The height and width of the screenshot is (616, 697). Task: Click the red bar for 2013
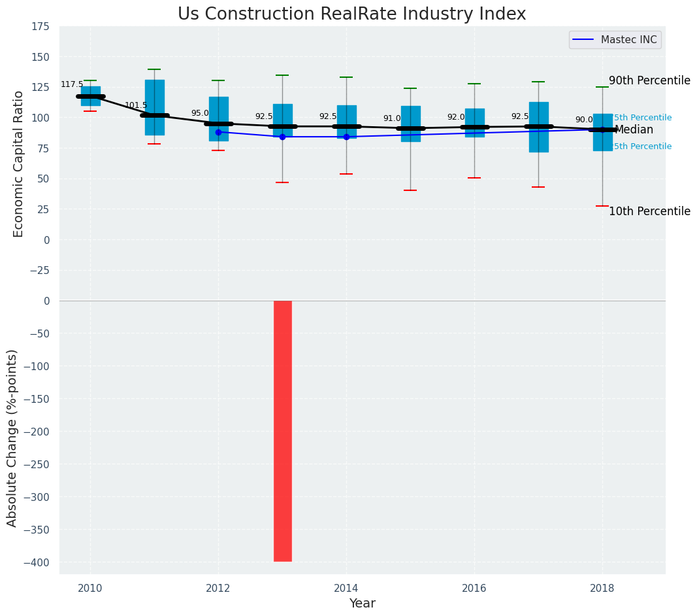tap(282, 430)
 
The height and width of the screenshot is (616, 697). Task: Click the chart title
tap(351, 14)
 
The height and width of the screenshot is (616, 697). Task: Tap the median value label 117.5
tap(72, 84)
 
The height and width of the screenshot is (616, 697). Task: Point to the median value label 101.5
tap(136, 105)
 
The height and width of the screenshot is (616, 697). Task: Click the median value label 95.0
tap(200, 113)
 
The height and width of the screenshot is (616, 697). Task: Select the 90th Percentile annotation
tap(649, 80)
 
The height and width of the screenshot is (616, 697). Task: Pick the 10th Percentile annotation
tap(649, 211)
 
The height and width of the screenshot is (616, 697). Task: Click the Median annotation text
tap(634, 129)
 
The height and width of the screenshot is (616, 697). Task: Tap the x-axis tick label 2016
tap(474, 589)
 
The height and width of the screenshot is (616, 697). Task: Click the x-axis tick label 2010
tap(90, 589)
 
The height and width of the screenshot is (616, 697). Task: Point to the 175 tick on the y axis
tap(41, 26)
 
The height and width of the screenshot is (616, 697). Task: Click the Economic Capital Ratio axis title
tap(18, 163)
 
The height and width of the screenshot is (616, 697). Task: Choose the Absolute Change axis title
tap(12, 437)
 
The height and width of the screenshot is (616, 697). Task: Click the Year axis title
tap(362, 604)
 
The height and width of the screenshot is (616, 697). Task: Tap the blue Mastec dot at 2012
tap(218, 132)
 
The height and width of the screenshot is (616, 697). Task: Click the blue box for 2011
tap(154, 107)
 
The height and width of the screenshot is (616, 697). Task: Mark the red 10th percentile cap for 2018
tap(602, 206)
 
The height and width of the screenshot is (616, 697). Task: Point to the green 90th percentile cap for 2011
tap(154, 69)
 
